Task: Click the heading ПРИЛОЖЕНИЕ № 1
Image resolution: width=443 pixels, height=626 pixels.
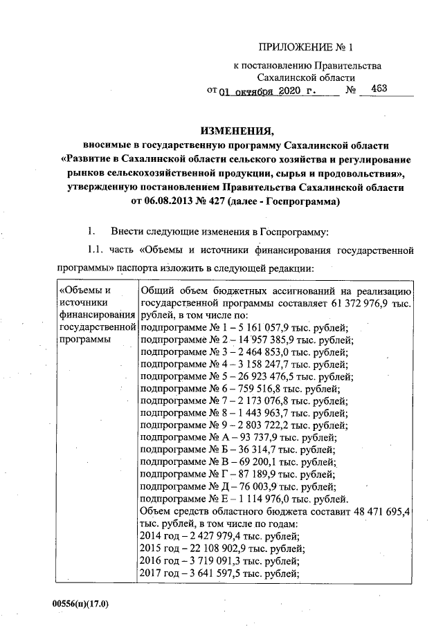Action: pyautogui.click(x=305, y=48)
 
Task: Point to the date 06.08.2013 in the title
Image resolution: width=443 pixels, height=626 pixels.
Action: pyautogui.click(x=170, y=202)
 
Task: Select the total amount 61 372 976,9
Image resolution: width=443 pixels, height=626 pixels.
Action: pyautogui.click(x=360, y=304)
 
